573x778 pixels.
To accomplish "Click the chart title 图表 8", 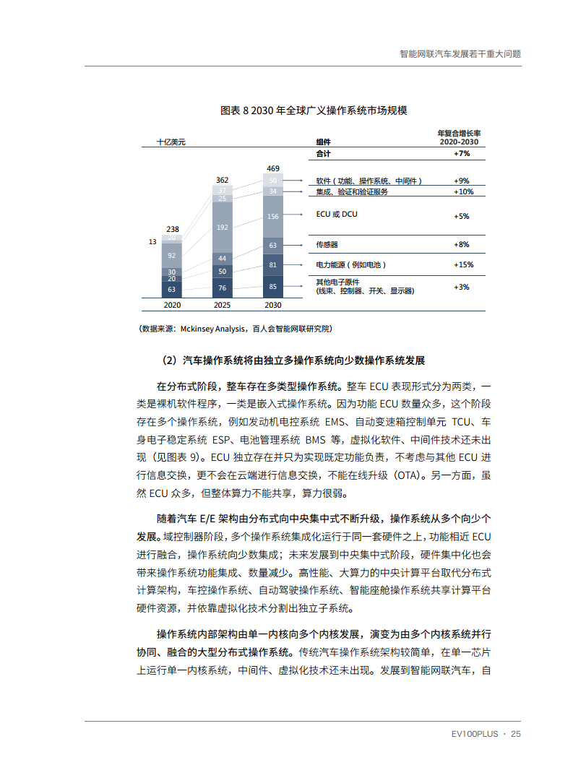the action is [x=314, y=111].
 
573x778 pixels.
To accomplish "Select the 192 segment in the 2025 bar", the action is [x=223, y=227].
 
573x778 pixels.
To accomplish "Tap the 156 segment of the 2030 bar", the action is [x=272, y=217].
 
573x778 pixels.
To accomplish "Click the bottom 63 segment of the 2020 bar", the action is [x=172, y=290].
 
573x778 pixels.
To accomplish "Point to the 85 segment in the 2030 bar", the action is [x=272, y=286].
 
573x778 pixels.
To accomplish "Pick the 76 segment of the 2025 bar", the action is [x=223, y=288].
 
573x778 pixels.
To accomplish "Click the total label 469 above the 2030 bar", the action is [x=272, y=168].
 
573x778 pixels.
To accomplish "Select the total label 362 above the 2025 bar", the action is [x=223, y=180].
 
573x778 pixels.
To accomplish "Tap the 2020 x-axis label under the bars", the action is [x=172, y=306].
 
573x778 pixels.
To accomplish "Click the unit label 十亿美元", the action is [x=172, y=142].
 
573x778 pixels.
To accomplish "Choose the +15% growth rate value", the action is [x=462, y=265].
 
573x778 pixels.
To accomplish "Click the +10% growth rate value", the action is [x=463, y=192].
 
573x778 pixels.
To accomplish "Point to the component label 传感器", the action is [x=327, y=245].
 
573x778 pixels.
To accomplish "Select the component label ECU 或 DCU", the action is [x=337, y=215].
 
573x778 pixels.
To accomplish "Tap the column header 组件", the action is [x=324, y=142].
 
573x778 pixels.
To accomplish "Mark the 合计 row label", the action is [x=324, y=154].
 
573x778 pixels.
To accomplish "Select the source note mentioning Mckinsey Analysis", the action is [x=236, y=329].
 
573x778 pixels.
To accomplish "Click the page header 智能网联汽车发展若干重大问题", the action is [x=460, y=53].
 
